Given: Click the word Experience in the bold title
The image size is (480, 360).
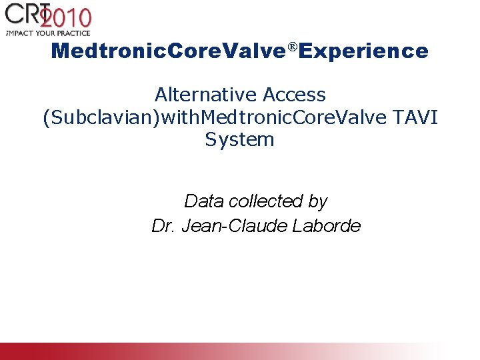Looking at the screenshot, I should click(364, 51).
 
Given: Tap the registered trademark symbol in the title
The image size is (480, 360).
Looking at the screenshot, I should click(293, 47).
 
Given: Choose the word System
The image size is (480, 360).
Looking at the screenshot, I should click(240, 139).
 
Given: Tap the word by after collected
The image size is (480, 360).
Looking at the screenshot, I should click(318, 201).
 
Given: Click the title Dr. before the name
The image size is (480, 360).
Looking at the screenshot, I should click(162, 226).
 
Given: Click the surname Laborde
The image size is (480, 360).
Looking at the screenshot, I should click(327, 226).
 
